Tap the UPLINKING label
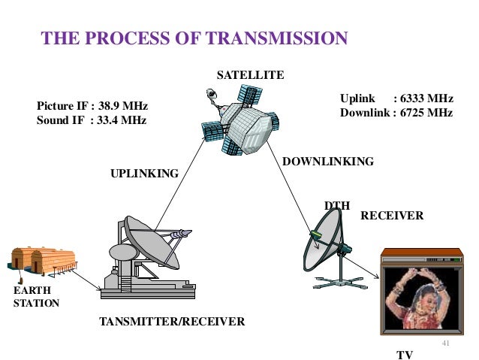(145, 174)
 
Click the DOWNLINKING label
(327, 162)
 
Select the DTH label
(337, 205)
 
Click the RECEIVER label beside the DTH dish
(392, 216)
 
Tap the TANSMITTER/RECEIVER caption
(172, 322)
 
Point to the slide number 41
(447, 342)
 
